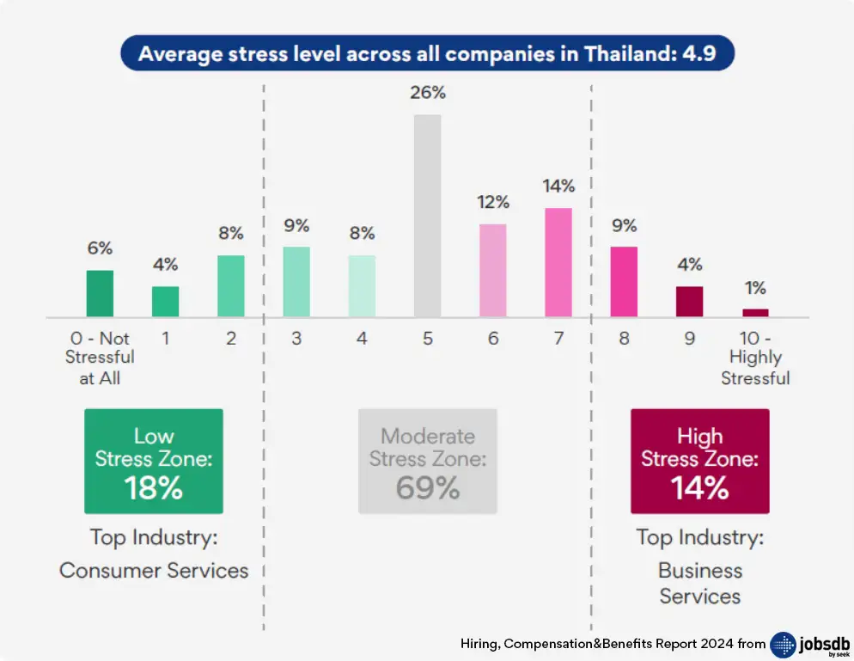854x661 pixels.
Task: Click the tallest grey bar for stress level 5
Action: point(427,216)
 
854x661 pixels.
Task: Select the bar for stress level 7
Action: point(558,262)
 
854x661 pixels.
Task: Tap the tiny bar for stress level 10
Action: point(755,313)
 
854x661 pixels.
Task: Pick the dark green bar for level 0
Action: point(100,294)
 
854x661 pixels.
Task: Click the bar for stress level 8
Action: point(624,282)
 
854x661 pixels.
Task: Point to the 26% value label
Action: point(428,93)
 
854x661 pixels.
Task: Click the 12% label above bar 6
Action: point(493,203)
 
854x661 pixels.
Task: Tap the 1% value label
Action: point(755,288)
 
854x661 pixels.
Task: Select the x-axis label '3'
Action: point(296,339)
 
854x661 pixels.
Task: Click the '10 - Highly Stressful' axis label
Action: point(755,358)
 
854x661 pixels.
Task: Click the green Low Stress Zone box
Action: point(154,462)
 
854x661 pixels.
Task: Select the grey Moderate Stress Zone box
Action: point(427,462)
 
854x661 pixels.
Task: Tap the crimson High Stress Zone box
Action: point(700,462)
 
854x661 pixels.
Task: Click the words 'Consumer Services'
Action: point(154,570)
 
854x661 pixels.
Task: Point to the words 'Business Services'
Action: point(700,583)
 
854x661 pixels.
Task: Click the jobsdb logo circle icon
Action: point(784,645)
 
